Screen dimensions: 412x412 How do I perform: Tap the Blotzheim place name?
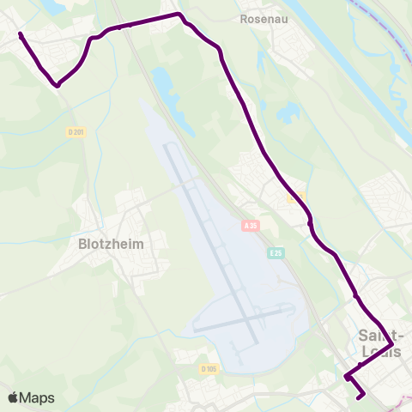[112, 243]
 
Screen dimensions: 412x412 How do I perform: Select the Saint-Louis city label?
[379, 343]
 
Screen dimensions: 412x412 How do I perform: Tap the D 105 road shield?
[209, 369]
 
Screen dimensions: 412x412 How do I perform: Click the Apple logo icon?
[13, 397]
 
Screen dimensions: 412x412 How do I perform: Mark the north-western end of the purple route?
[20, 35]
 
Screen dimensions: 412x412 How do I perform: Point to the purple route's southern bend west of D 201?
[58, 85]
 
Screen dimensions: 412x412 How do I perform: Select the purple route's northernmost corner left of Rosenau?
[179, 15]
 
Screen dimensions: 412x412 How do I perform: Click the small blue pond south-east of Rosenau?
[287, 112]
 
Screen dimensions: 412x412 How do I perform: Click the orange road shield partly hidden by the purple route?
[295, 197]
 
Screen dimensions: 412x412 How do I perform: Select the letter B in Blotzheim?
[82, 243]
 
